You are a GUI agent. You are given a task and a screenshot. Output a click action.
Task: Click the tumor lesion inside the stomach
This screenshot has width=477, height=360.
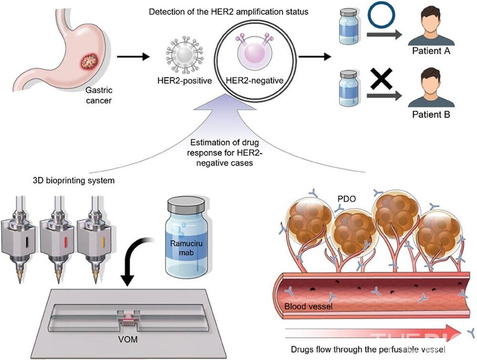pyautogui.click(x=89, y=61)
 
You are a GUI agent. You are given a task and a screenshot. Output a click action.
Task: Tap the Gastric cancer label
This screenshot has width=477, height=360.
pyautogui.click(x=99, y=95)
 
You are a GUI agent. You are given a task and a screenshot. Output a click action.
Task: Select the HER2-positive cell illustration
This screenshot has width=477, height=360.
pyautogui.click(x=184, y=55)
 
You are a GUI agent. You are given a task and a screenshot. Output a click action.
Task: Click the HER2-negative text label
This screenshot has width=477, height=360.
pyautogui.click(x=254, y=80)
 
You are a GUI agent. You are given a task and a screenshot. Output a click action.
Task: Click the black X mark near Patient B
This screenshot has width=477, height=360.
pyautogui.click(x=382, y=79)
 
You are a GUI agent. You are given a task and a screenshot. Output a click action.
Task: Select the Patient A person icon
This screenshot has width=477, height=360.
pyautogui.click(x=431, y=27)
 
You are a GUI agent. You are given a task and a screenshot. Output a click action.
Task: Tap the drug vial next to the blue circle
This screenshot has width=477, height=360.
pyautogui.click(x=349, y=26)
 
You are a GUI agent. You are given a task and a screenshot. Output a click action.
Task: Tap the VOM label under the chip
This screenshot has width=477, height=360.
pyautogui.click(x=128, y=339)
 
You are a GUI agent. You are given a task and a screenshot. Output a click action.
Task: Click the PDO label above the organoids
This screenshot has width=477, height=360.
pyautogui.click(x=346, y=199)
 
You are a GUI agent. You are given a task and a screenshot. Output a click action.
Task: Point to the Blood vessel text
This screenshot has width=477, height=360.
pyautogui.click(x=308, y=306)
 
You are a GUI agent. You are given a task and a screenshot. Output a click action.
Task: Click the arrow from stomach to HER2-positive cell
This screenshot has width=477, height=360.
pyautogui.click(x=133, y=57)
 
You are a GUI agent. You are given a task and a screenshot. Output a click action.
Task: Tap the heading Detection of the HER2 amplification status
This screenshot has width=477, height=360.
pyautogui.click(x=229, y=12)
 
